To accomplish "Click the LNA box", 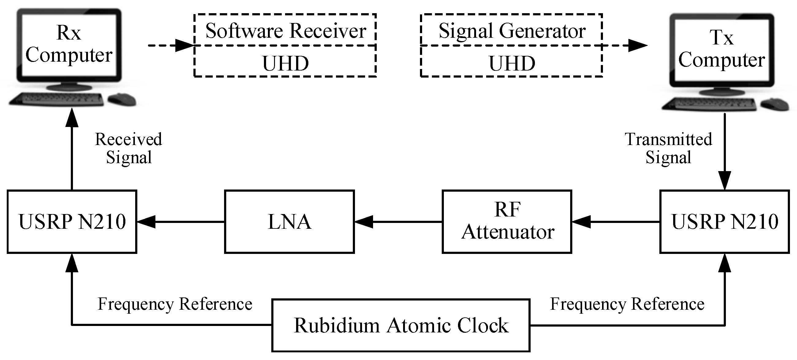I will click(x=289, y=222).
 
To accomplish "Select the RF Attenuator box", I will click(x=507, y=222).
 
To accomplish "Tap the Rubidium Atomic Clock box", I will click(x=401, y=325).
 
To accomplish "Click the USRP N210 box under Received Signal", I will click(x=72, y=222).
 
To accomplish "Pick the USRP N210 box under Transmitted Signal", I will click(x=725, y=222).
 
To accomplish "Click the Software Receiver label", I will click(x=285, y=31).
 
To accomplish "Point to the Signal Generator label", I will click(x=512, y=31).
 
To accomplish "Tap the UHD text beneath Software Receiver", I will click(x=285, y=63).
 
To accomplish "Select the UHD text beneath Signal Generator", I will click(x=512, y=63).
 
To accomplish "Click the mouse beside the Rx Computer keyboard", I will click(x=122, y=99).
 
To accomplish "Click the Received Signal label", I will click(x=128, y=148).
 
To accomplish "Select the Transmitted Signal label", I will click(x=668, y=148).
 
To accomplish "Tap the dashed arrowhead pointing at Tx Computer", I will click(x=638, y=45).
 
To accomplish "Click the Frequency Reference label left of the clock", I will click(x=175, y=304).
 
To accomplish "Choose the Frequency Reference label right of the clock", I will click(x=627, y=304).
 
